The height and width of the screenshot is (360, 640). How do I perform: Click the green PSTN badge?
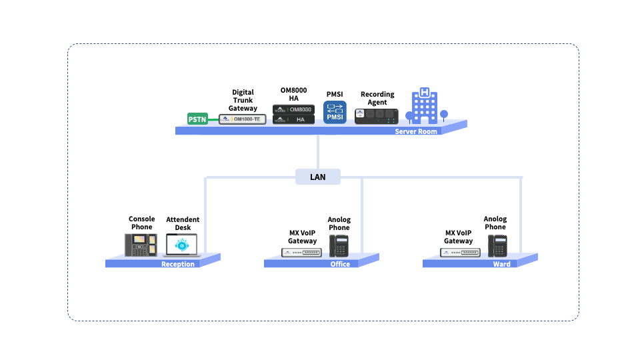point(197,119)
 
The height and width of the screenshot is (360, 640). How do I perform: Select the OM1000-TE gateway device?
point(243,119)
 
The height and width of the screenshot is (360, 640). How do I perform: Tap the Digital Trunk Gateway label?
point(243,100)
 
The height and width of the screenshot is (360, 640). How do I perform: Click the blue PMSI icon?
point(335,112)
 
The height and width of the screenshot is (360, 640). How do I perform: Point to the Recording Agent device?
point(377,116)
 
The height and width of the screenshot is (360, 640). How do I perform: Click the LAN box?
point(318,177)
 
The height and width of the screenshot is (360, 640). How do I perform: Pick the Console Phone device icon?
point(141,244)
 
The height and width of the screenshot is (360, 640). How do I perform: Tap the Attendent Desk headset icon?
point(182,245)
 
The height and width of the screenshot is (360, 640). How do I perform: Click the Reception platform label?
point(178,264)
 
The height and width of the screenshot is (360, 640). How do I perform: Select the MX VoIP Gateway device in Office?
point(301,253)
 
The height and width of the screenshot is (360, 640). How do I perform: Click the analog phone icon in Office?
point(339,245)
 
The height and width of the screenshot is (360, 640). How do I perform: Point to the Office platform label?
point(340,264)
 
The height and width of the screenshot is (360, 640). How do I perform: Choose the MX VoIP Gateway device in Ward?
point(460,253)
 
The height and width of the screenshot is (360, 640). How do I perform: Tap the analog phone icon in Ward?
point(497,245)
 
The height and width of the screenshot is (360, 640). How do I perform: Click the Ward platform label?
point(501,264)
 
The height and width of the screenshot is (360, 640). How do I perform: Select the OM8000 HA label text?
point(293,94)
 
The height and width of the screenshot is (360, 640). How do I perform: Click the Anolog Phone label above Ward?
point(495,223)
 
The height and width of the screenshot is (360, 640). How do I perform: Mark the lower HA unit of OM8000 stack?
point(293,119)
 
